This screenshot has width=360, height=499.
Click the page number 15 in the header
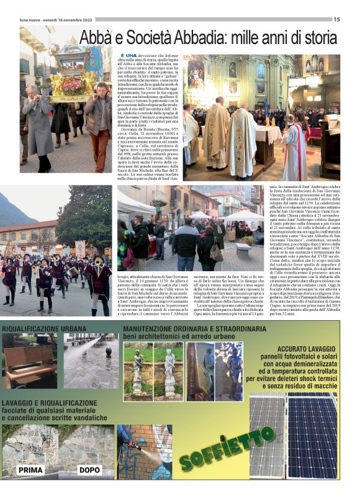point(336,19)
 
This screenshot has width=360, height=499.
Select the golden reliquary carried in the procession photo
point(73,69)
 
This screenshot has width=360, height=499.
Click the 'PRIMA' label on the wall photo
point(30,470)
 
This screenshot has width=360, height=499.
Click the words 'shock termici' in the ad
point(308,378)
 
